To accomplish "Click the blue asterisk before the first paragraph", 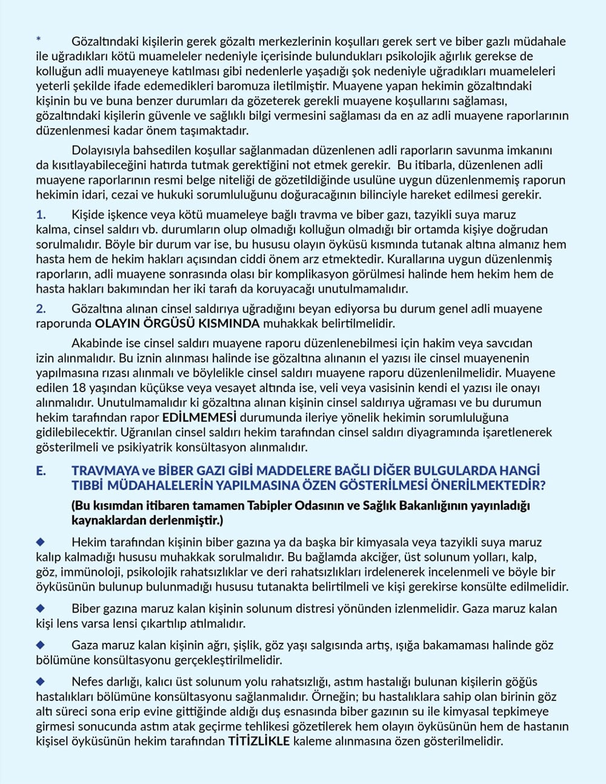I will coord(39,40).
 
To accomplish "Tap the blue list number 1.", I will coord(41,215).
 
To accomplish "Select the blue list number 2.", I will coord(41,309).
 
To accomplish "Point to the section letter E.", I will coord(41,471).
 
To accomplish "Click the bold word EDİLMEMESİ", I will coord(199,418).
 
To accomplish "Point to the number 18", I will coord(78,388).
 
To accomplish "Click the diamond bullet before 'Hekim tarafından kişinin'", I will coord(41,541).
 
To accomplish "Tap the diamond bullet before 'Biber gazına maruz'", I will coord(41,608).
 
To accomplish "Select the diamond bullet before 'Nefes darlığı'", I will coord(41,681).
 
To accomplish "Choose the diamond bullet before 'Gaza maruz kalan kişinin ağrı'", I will coord(41,645).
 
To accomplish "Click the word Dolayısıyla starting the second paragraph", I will coord(101,150).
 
